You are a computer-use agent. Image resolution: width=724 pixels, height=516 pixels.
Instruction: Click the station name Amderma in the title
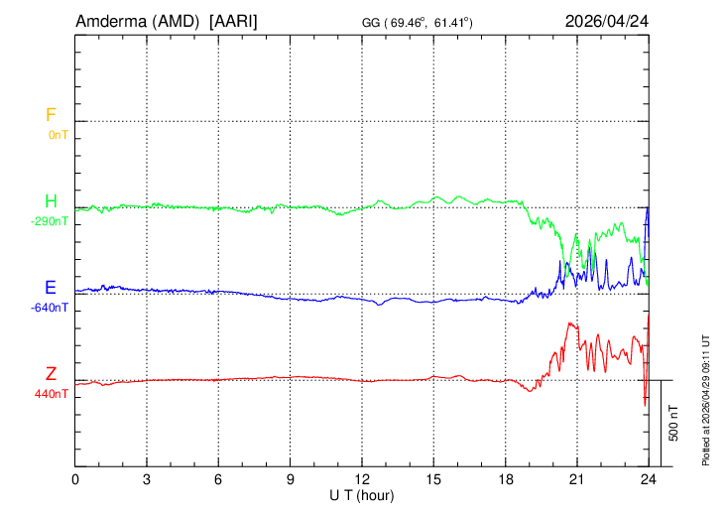point(111,21)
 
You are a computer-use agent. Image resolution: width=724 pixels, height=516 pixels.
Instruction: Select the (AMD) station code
point(178,21)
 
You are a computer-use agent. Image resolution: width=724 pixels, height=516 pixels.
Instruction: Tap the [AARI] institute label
point(233,21)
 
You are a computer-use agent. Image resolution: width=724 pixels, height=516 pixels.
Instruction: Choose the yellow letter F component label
point(51,115)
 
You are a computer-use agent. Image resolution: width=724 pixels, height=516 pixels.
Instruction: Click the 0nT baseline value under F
point(58,134)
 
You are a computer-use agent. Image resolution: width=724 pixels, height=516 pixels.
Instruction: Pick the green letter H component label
point(51,201)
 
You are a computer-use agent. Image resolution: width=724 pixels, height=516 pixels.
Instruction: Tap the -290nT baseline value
point(52,220)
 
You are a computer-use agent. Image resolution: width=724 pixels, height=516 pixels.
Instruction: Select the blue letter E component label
point(50,288)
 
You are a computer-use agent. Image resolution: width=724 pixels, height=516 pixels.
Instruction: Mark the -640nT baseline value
point(52,307)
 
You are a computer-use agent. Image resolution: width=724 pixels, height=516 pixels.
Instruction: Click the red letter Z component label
point(51,374)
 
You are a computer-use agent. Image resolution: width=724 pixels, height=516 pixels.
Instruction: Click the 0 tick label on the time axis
point(75,478)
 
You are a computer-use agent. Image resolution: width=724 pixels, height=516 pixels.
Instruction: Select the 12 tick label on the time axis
point(362,478)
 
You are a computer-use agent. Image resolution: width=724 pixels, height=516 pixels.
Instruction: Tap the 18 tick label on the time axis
point(505,478)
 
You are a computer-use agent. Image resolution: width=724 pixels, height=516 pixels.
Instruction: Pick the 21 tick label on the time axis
point(576,478)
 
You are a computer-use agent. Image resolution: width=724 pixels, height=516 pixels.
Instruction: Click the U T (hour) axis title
point(362,493)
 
